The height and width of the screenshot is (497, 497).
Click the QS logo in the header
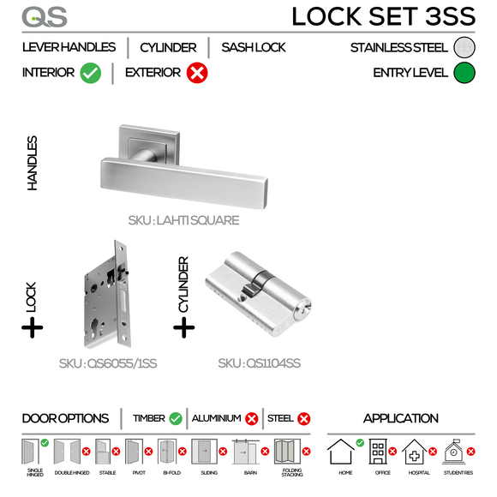coord(44,16)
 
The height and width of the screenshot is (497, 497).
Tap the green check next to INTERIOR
coord(91,74)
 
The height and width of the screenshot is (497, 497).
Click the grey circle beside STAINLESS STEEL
coord(464,47)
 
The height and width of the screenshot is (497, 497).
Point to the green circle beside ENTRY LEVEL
coord(464,73)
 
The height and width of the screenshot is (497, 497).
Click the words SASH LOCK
coord(254,47)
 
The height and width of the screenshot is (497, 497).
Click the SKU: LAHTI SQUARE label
coord(183,220)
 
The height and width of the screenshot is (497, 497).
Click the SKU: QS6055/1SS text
coord(108,363)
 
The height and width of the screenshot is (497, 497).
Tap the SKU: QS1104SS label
coord(260,363)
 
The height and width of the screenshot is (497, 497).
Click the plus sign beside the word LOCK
coord(33,327)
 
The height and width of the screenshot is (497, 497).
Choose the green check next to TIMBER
coord(176,419)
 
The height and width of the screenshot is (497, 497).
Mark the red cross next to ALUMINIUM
coord(252,419)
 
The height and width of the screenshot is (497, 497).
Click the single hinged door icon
coord(33,452)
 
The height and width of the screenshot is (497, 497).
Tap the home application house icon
coord(341,452)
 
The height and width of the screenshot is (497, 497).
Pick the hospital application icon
coord(415,452)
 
